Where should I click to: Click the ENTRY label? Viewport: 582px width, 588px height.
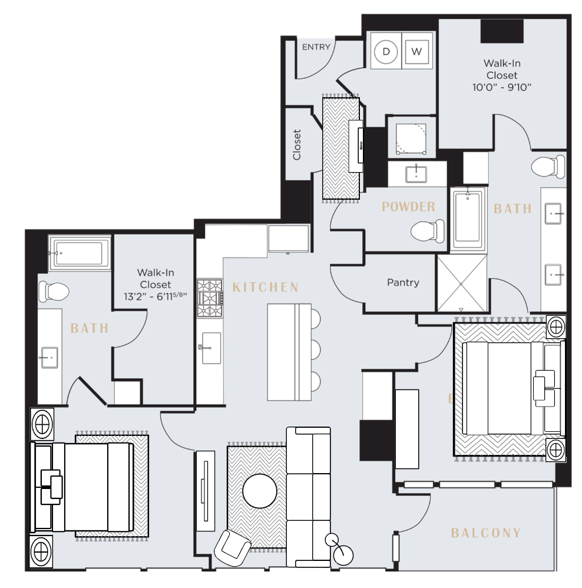click(x=316, y=47)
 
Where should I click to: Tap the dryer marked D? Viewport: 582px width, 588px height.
click(x=386, y=52)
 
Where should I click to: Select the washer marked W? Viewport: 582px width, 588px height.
click(x=417, y=52)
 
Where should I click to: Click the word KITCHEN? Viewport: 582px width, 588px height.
click(x=266, y=288)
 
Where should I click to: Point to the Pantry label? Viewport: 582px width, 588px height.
click(x=403, y=283)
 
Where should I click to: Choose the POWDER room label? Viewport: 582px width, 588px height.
click(x=408, y=207)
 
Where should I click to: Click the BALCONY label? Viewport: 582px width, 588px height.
click(x=486, y=533)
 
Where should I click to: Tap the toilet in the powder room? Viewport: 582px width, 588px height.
click(x=427, y=230)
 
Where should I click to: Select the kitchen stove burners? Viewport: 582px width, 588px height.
click(x=210, y=299)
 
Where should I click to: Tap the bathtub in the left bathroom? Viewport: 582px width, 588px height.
click(x=80, y=253)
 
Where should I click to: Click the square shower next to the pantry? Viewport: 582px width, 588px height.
click(x=461, y=283)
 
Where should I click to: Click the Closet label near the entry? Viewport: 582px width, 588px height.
click(x=297, y=145)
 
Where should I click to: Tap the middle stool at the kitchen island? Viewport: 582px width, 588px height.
click(x=315, y=349)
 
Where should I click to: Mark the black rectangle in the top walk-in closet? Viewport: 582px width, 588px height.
click(x=502, y=31)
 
